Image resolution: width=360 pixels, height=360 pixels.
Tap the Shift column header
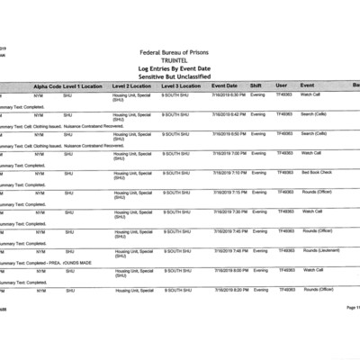click(256, 85)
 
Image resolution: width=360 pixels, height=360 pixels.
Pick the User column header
click(282, 85)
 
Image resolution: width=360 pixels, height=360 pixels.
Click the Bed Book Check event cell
click(317, 172)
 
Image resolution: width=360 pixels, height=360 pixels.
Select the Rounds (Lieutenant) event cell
click(319, 250)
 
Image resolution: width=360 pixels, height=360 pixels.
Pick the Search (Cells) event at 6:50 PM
click(315, 133)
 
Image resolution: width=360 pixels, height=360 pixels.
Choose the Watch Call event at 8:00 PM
click(312, 270)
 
